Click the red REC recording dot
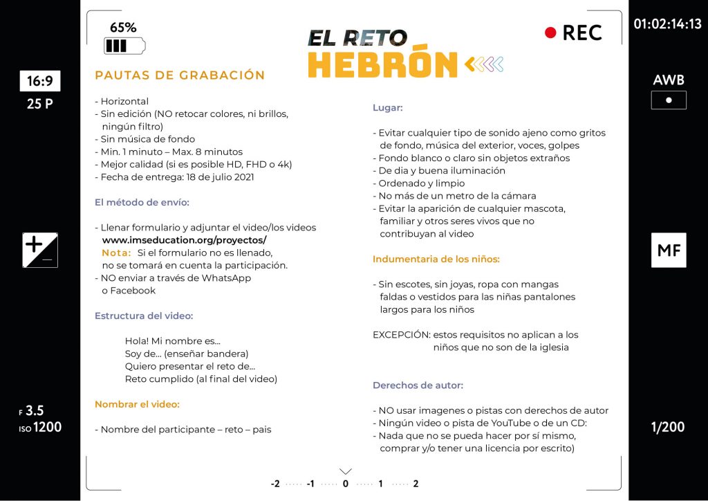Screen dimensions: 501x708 (x=550, y=33)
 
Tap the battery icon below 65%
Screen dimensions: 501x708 (x=124, y=46)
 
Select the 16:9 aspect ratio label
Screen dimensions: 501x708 (x=40, y=82)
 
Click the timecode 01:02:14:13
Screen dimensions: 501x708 (x=667, y=24)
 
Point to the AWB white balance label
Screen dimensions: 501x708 (x=668, y=80)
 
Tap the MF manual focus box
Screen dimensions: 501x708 (x=669, y=250)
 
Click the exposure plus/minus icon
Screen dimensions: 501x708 (x=40, y=250)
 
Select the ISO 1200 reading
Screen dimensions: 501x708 (x=41, y=427)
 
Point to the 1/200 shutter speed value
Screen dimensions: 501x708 (x=668, y=427)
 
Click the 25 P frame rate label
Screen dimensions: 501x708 (x=40, y=105)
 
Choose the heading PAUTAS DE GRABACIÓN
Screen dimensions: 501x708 (x=180, y=75)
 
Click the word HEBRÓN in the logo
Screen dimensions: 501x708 (x=382, y=64)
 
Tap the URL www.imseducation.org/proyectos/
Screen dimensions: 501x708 (x=184, y=240)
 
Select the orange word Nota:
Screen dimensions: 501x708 (x=116, y=253)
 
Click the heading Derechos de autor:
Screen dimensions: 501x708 (x=418, y=385)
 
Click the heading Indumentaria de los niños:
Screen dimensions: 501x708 (x=436, y=259)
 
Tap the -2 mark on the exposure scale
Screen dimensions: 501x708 (x=275, y=484)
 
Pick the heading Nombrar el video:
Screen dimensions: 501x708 (x=137, y=404)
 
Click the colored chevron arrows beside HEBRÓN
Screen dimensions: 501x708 (x=484, y=65)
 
